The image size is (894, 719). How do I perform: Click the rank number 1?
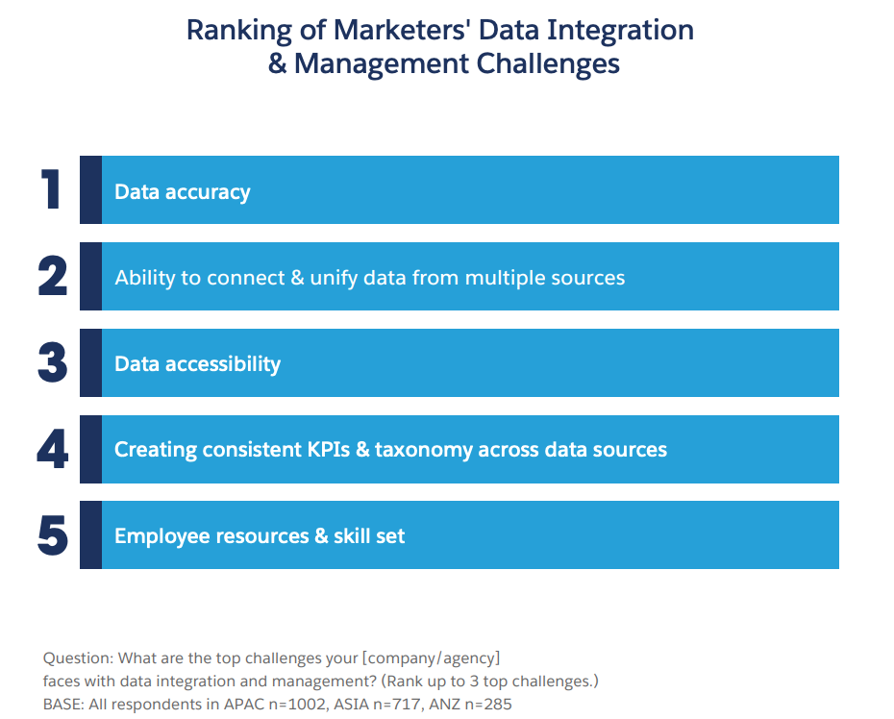pos(51,189)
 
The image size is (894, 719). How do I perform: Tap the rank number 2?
pos(53,276)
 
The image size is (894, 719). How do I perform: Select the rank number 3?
pos(53,362)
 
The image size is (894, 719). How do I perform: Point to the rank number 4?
pos(53,449)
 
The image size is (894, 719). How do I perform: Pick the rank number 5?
pos(53,534)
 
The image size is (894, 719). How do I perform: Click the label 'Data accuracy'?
pos(183,192)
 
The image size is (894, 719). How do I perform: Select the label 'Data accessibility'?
pos(197,363)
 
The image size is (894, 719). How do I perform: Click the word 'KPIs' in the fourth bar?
pos(329,449)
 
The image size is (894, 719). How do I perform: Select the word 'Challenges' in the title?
pos(548,63)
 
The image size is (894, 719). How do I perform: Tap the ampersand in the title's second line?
pos(278,63)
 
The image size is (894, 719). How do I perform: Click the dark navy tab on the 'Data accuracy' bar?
pos(90,190)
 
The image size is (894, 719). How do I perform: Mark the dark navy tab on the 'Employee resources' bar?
pos(90,534)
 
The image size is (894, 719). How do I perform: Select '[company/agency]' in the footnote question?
pos(431,658)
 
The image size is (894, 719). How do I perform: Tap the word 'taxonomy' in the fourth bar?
pos(424,450)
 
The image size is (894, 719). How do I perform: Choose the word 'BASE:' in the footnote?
pos(63,705)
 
